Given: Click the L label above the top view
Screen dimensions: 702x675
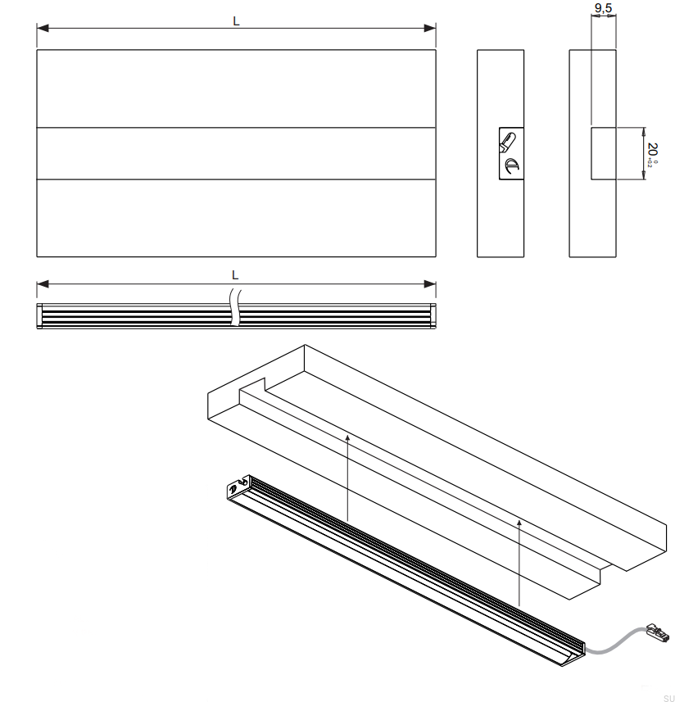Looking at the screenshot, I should click(x=236, y=22).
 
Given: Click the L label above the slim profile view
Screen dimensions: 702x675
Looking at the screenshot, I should click(x=235, y=275).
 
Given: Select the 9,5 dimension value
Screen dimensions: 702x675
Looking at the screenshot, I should click(x=603, y=8).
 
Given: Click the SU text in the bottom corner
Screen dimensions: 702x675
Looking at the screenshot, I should click(x=668, y=698).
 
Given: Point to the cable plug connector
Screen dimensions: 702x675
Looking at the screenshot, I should click(x=657, y=632).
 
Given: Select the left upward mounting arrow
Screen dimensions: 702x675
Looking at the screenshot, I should click(x=348, y=479).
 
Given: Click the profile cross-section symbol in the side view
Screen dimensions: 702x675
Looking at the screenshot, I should click(x=511, y=153).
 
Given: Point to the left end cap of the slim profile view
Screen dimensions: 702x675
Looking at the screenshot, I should click(x=39, y=316).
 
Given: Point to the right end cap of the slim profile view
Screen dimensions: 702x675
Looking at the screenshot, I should click(x=433, y=316).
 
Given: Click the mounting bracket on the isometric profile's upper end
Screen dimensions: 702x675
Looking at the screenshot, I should click(x=236, y=489).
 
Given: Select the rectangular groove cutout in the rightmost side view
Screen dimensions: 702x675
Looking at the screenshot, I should click(x=603, y=153).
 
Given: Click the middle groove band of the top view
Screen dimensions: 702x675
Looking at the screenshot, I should click(x=236, y=153).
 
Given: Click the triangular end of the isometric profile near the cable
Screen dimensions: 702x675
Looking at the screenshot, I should click(x=578, y=651).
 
